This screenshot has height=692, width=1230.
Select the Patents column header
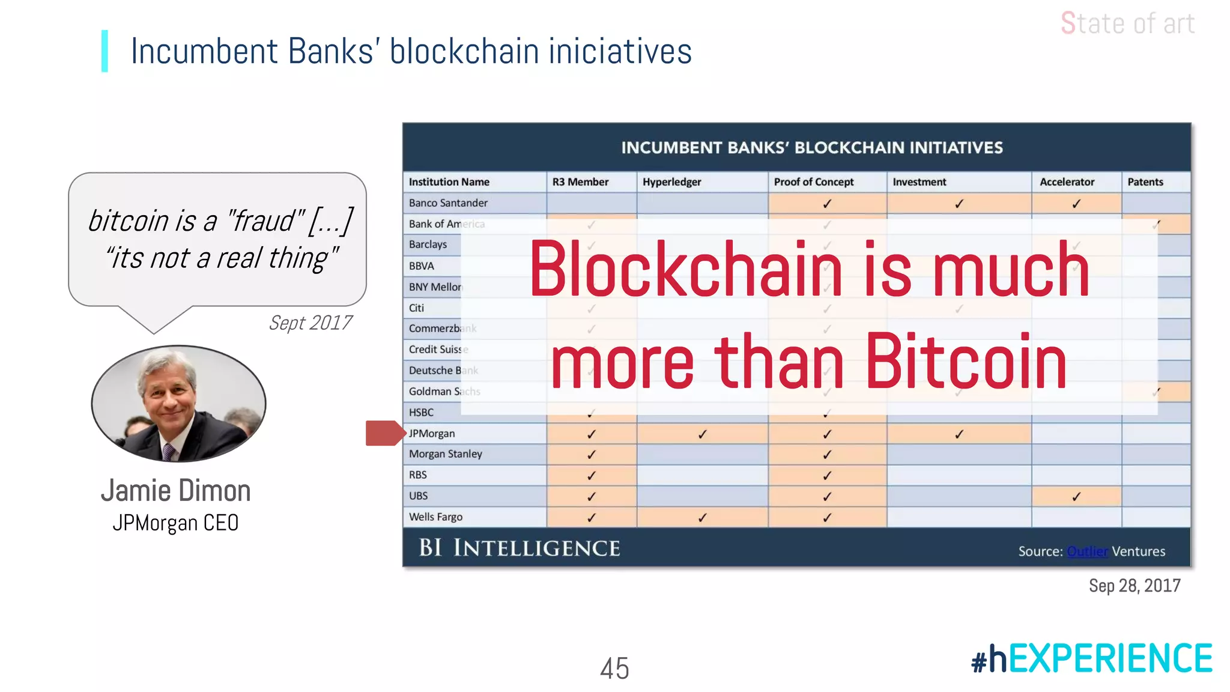1145,182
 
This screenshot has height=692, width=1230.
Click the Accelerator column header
1067,182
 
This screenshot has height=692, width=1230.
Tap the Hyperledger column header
671,182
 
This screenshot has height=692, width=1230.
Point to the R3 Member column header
580,182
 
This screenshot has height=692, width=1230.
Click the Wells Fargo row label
435,517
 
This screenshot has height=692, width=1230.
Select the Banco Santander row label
448,203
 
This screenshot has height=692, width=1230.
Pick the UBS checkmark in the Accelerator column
1076,497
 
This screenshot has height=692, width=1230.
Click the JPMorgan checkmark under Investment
959,434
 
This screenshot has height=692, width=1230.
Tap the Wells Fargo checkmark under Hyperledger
702,517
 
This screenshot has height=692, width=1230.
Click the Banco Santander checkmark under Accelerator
1076,204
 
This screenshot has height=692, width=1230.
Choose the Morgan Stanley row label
445,454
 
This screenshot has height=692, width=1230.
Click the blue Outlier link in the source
1087,551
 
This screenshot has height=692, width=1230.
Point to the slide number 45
614,668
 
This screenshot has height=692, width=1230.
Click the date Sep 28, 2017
1135,586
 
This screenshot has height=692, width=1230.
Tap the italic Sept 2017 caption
310,323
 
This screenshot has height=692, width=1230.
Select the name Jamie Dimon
175,491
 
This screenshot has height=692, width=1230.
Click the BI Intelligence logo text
519,548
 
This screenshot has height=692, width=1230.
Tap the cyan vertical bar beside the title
105,51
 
